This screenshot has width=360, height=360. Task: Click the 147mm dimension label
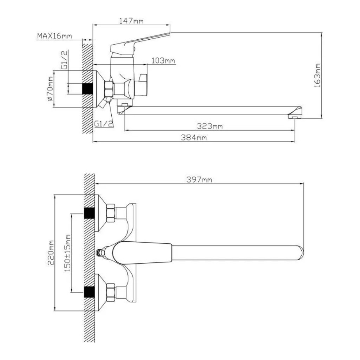click(x=131, y=21)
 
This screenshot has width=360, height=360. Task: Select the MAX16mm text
click(x=54, y=36)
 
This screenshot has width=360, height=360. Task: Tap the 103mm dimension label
click(x=163, y=61)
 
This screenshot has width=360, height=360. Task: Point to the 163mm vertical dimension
click(x=317, y=75)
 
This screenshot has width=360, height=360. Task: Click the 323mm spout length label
click(x=210, y=126)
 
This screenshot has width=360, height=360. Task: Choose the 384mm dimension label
click(x=194, y=137)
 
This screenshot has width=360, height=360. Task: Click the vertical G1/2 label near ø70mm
click(x=65, y=60)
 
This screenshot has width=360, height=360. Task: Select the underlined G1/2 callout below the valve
click(x=104, y=124)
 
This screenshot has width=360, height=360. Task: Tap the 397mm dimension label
click(x=199, y=179)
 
